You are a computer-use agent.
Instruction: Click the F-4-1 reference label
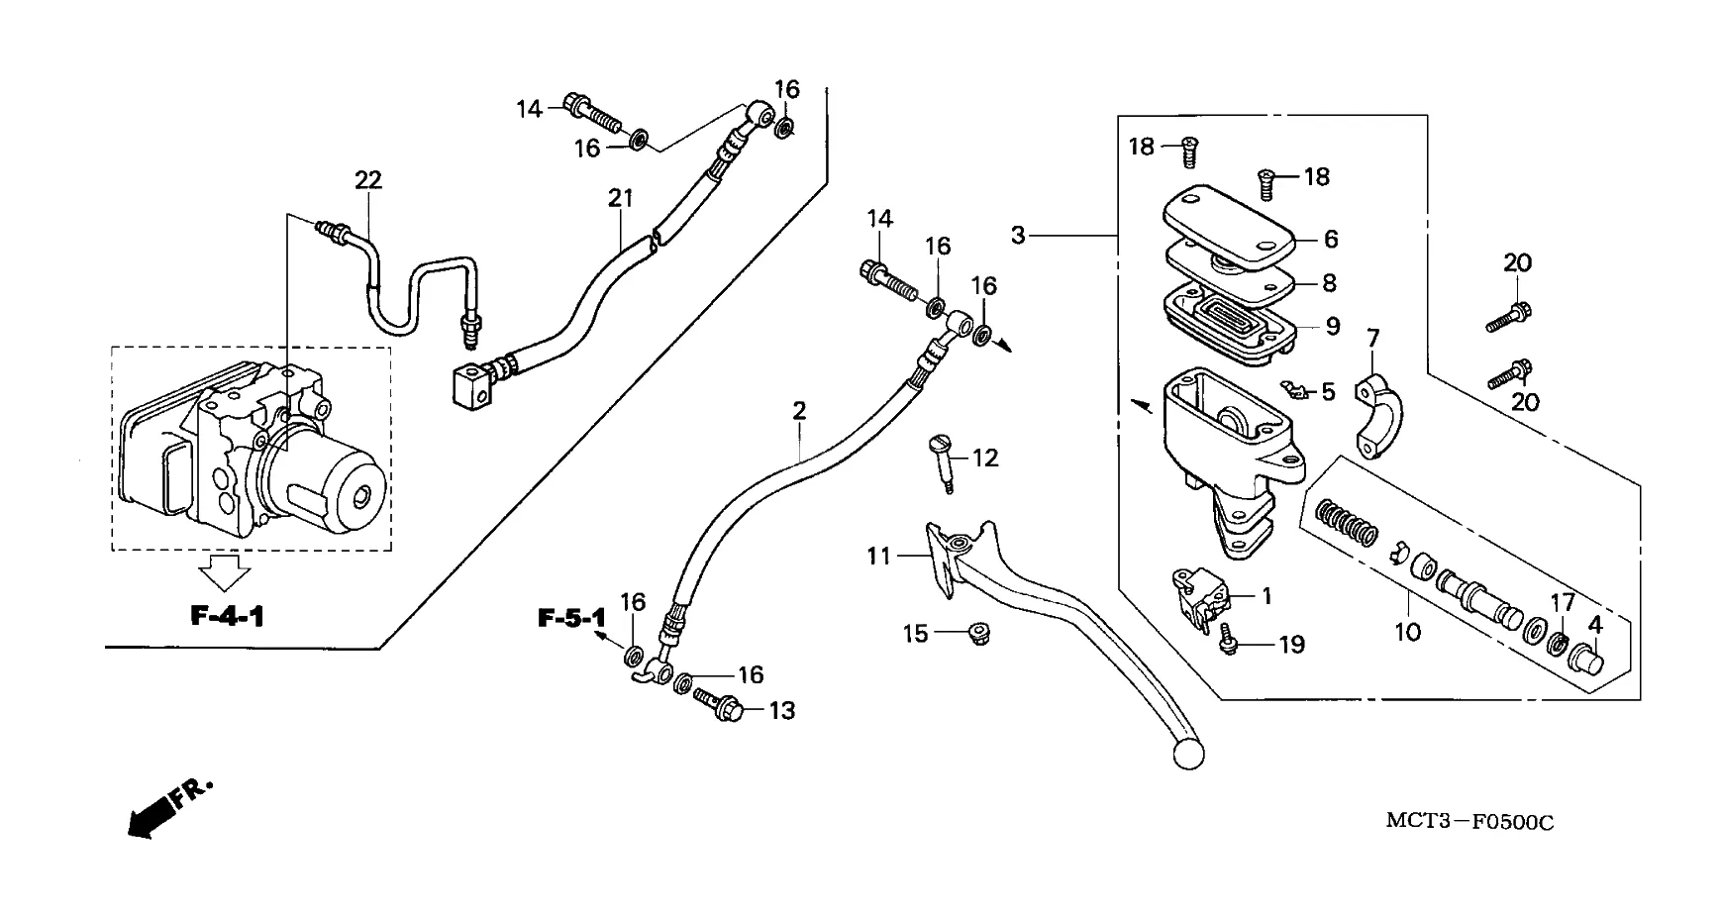(x=228, y=616)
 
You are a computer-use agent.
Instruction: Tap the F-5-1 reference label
(x=571, y=619)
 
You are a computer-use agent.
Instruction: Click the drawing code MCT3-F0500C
(x=1469, y=822)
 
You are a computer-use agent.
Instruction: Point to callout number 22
(x=368, y=180)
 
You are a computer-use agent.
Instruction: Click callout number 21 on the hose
(x=620, y=198)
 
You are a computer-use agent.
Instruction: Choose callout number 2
(x=799, y=410)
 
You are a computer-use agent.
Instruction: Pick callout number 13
(x=782, y=711)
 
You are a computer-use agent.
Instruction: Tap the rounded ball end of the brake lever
(x=1187, y=754)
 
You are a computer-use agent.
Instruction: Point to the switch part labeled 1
(x=1200, y=597)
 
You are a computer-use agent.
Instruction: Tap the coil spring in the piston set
(x=1347, y=521)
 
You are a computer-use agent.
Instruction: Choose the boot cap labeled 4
(x=1589, y=658)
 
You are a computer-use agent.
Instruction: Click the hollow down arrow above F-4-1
(x=224, y=572)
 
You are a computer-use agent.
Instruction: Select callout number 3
(x=1018, y=236)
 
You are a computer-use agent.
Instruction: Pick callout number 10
(x=1407, y=631)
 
